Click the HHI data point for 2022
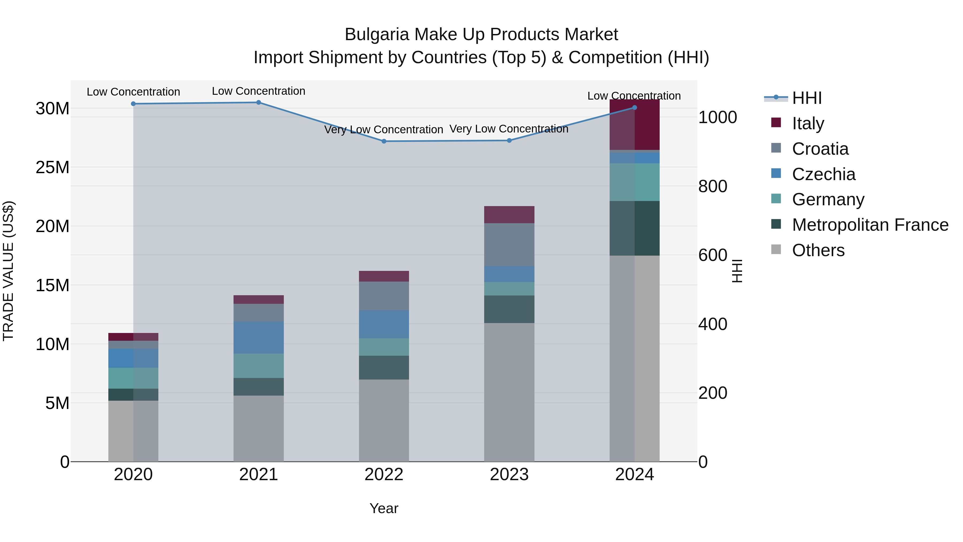tap(384, 141)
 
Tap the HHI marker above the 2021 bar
tap(258, 103)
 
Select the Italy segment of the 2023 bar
tap(509, 215)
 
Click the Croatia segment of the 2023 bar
tap(509, 245)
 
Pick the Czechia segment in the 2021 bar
tap(258, 338)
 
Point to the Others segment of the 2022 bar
tap(384, 420)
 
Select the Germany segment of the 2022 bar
tap(384, 347)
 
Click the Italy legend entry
tap(808, 123)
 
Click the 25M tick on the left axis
tap(52, 167)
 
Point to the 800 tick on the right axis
tap(713, 186)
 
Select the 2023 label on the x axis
tap(509, 475)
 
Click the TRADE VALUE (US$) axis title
tap(8, 271)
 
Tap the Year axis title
tap(384, 508)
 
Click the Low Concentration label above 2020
tap(133, 92)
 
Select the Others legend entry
tap(818, 250)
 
